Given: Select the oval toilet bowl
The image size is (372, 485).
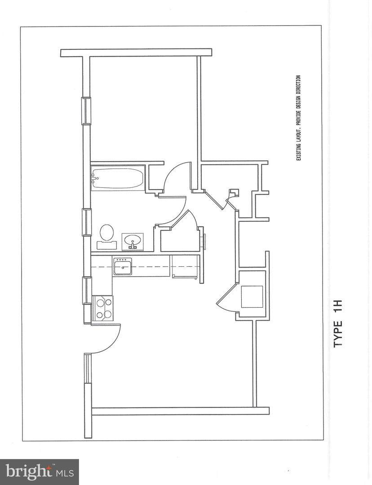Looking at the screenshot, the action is click(107, 232).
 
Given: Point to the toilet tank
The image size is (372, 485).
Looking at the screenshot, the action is click(107, 245).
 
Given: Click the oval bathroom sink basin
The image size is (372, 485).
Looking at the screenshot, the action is click(133, 239).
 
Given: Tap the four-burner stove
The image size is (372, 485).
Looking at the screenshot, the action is click(103, 308).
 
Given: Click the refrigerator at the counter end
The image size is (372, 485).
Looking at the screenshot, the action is click(185, 267).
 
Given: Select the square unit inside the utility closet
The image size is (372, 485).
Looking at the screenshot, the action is click(252, 297).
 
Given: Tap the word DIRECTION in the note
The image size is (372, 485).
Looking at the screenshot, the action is click(299, 85).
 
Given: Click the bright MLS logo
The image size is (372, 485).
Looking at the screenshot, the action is click(39, 472).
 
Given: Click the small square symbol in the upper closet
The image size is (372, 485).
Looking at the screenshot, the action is click(234, 192).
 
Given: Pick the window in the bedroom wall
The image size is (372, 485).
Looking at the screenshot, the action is click(87, 111).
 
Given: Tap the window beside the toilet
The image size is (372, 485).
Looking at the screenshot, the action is click(87, 222).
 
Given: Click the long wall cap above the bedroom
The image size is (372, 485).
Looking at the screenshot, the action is click(136, 53).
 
